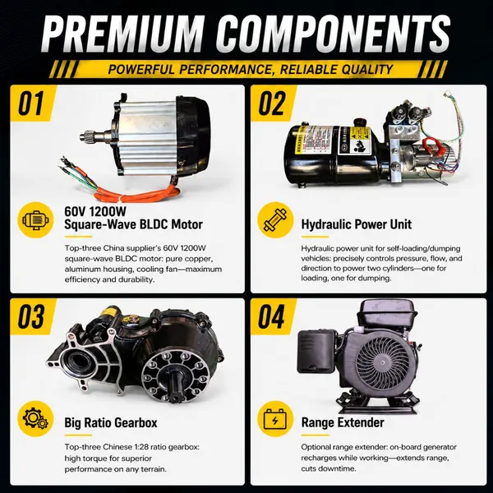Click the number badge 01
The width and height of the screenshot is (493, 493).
tap(31, 104)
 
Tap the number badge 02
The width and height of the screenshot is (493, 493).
tap(272, 104)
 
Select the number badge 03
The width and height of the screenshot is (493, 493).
tap(31, 316)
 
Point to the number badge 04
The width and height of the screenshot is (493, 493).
tap(272, 316)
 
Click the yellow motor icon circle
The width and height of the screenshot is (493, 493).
tap(35, 219)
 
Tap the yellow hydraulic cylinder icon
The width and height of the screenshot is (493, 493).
tap(275, 219)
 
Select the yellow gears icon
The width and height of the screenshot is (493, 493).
tap(35, 418)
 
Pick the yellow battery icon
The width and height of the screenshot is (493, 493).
tap(275, 418)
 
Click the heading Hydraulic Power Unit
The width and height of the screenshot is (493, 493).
tap(357, 224)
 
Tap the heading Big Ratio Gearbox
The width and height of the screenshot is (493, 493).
tap(111, 422)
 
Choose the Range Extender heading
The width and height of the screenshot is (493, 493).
tap(343, 422)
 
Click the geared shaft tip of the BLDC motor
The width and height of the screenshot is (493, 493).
tap(85, 136)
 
